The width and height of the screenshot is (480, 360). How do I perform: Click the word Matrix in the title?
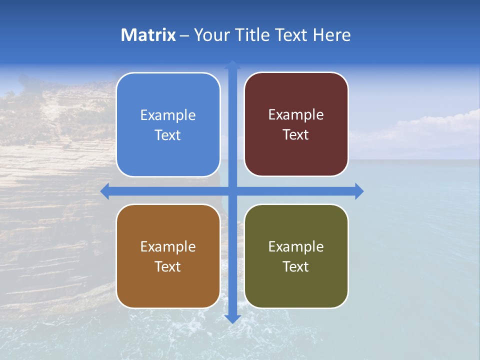point(148,35)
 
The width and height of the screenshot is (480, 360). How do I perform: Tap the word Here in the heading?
point(331,35)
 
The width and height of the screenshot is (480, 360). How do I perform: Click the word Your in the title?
point(210,35)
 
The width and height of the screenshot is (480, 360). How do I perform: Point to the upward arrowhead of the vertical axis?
point(232,64)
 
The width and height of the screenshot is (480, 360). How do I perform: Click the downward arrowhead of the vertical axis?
point(232,318)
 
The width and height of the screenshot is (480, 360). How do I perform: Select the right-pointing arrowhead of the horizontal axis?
point(359,191)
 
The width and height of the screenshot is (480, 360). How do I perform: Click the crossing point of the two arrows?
point(232,191)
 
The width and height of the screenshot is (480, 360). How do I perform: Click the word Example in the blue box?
point(168,115)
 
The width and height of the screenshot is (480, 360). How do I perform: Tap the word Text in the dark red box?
point(295,135)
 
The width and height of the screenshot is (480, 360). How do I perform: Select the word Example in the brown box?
point(168,247)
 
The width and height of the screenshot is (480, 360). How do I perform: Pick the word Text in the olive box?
point(295,266)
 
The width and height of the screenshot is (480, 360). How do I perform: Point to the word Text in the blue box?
point(167,135)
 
